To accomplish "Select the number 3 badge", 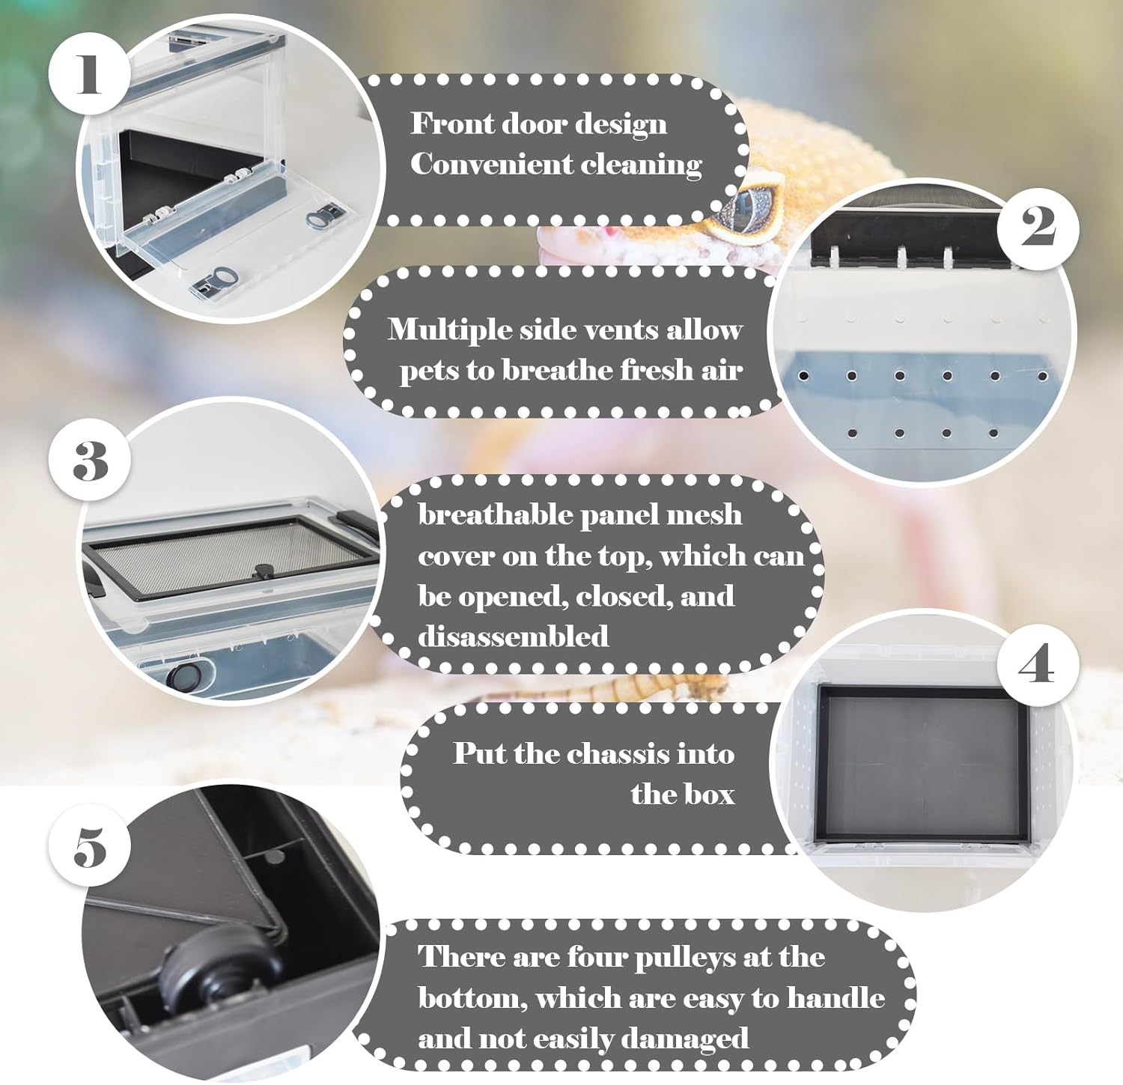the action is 91,461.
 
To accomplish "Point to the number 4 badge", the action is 1037,663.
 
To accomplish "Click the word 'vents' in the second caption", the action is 605,329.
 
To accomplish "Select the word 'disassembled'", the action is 514,636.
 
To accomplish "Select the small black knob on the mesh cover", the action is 262,570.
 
